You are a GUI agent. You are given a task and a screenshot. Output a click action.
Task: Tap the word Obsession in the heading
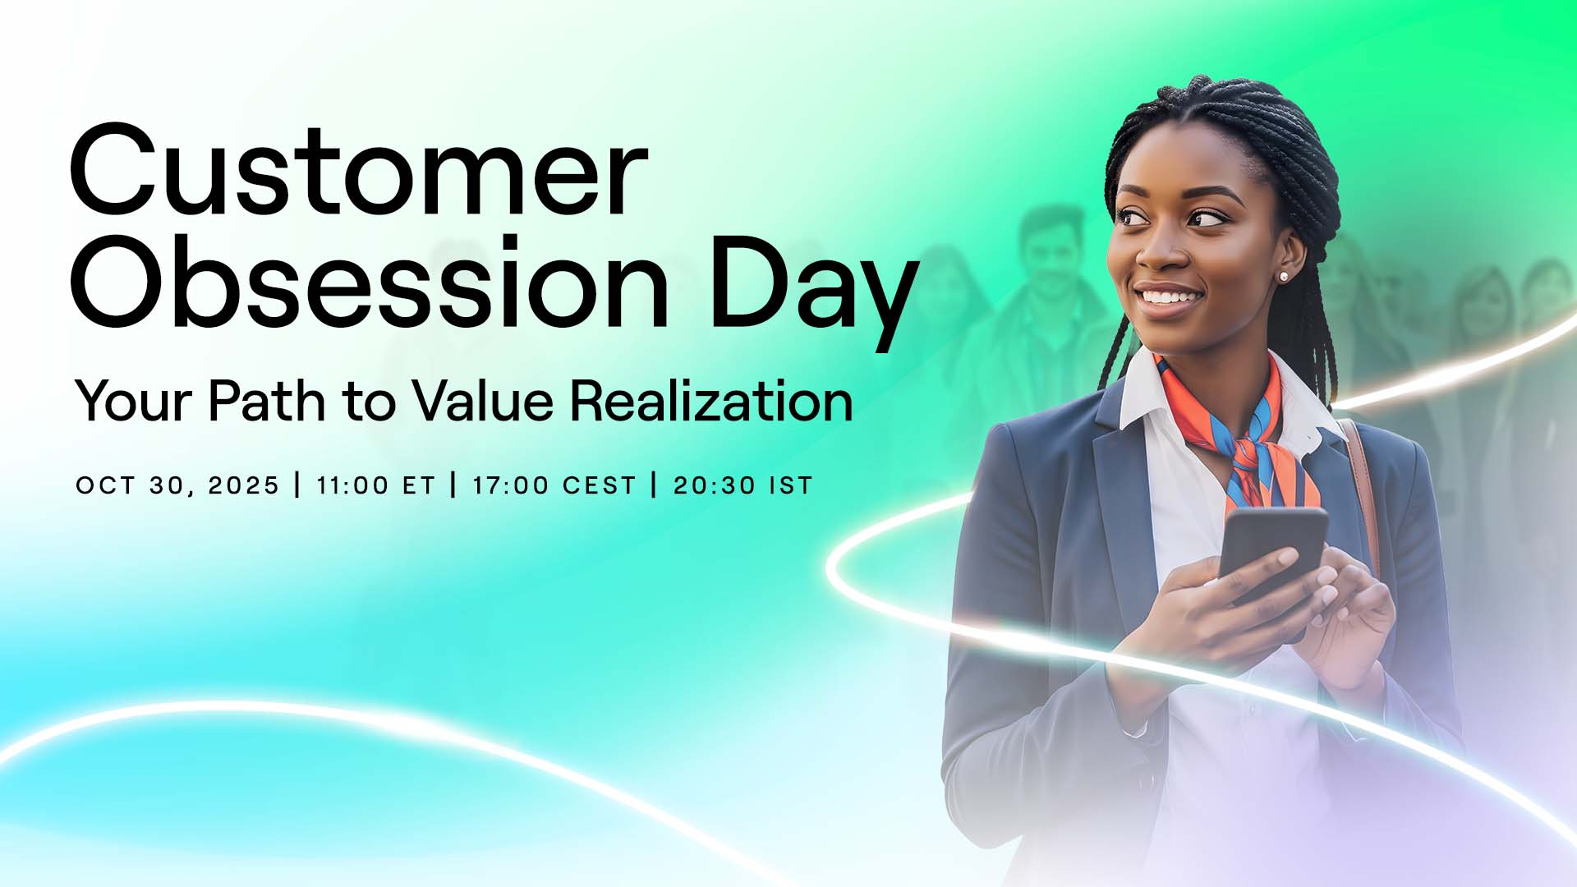point(370,282)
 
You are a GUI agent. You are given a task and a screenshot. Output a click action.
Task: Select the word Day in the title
point(814,292)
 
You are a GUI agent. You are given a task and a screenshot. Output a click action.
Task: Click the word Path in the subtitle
point(266,401)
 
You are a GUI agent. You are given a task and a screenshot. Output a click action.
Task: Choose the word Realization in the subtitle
point(711,401)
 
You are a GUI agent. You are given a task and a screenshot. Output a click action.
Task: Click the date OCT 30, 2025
point(177,485)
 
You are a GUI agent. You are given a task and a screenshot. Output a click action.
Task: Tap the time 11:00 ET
point(375,485)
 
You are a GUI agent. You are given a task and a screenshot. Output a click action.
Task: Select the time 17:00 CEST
point(554,485)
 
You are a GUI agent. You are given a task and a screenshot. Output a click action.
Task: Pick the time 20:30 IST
point(743,485)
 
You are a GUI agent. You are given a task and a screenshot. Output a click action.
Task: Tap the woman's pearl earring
point(1283,277)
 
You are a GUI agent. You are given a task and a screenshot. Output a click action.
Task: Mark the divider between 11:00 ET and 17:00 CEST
point(453,485)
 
